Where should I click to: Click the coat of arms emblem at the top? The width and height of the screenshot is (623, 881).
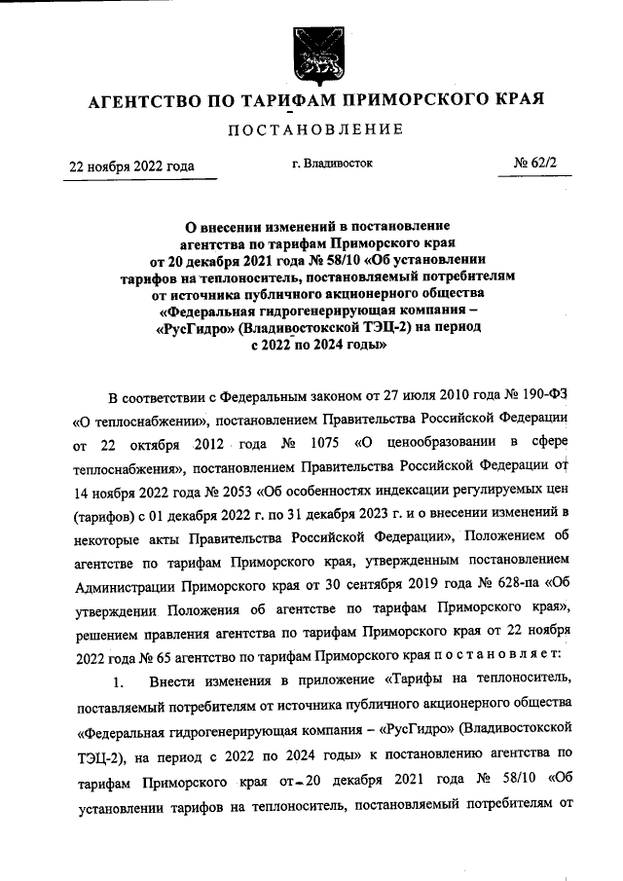pos(311,55)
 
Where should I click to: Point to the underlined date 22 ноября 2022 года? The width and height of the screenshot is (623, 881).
pos(130,165)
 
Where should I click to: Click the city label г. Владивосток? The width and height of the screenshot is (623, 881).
pos(332,164)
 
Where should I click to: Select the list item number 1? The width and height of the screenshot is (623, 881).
pos(119,679)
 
